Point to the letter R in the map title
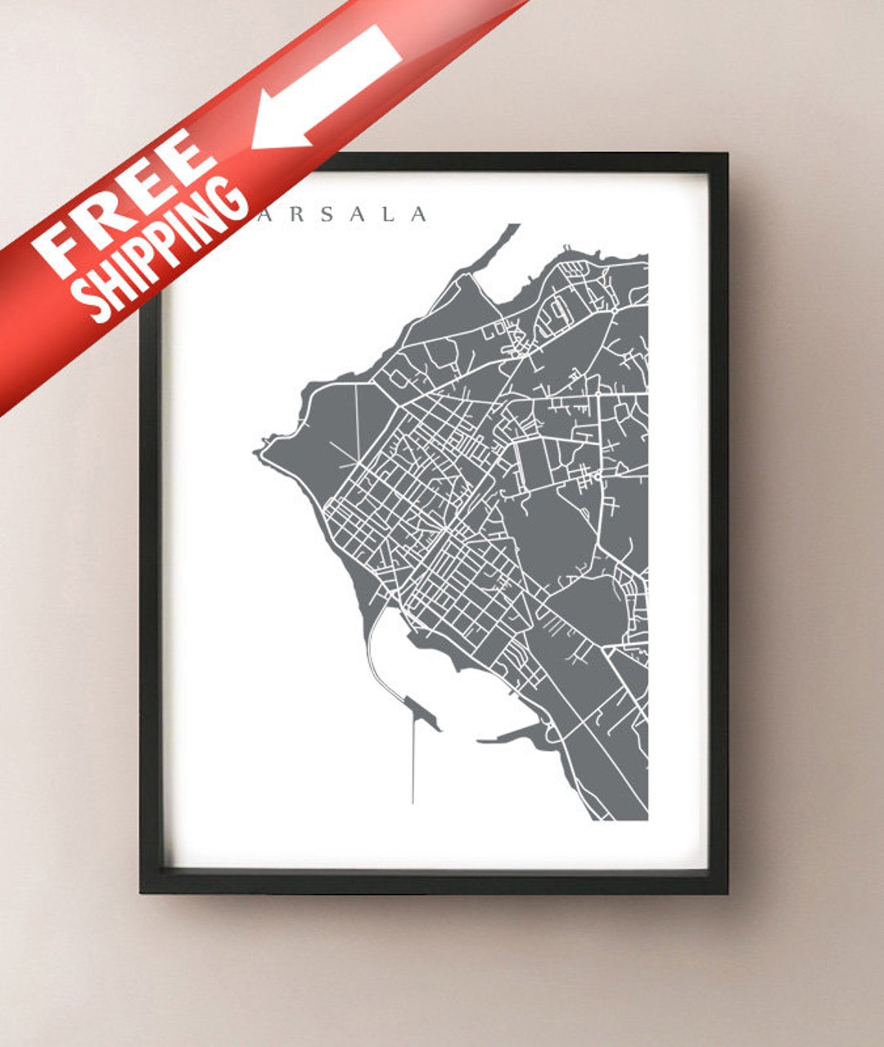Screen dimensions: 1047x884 tap(294, 215)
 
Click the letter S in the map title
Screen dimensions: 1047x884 tap(326, 215)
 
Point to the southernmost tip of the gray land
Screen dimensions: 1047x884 tap(610, 818)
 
